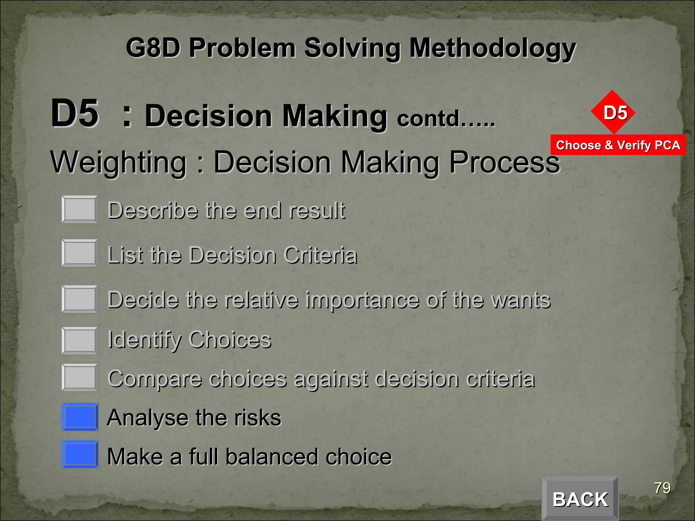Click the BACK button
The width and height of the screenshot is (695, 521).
click(580, 499)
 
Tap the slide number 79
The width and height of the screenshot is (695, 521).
click(662, 488)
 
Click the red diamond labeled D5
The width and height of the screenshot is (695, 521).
click(613, 112)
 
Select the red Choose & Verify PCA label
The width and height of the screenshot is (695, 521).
click(618, 145)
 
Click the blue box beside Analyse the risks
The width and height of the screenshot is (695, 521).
click(80, 417)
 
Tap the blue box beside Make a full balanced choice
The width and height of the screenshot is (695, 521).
click(80, 455)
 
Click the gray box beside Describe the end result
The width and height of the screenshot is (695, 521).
click(80, 209)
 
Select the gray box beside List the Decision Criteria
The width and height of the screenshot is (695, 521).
click(80, 253)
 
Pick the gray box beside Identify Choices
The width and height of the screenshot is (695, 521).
click(80, 341)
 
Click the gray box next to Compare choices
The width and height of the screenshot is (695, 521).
click(80, 378)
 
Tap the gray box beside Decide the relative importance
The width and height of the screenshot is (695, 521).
click(80, 299)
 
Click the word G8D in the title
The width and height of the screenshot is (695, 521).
click(153, 48)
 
